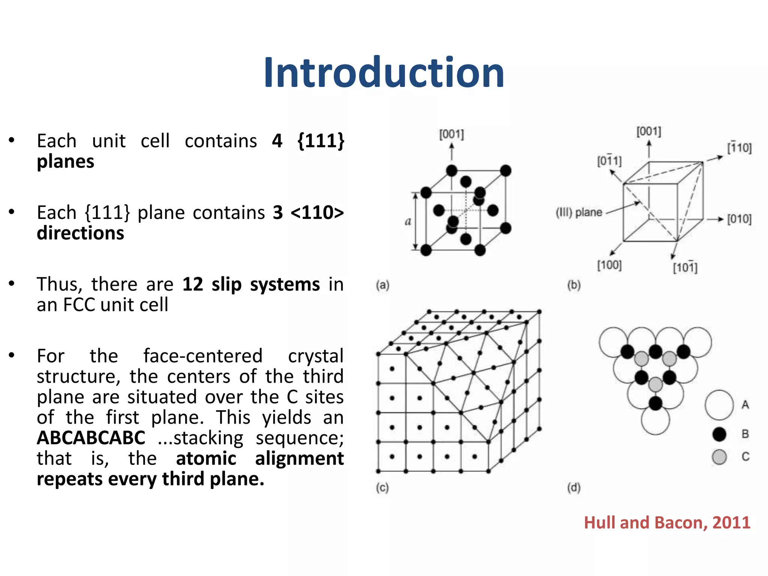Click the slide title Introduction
pos(384,73)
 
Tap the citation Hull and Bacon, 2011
pos(667,522)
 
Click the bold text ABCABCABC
pos(91,438)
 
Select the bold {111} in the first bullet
pos(321,141)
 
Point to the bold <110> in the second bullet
pos(317,213)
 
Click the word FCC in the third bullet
pos(79,304)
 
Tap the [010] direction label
pos(739,219)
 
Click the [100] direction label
pos(609,265)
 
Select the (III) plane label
pos(579,213)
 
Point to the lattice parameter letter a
pos(408,222)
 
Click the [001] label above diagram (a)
pos(451,134)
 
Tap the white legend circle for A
pos(719,405)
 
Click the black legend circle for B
pos(719,434)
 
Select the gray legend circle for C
pos(719,457)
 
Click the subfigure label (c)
pos(382,487)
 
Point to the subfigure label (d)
pos(574,487)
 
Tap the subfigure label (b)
pos(574,285)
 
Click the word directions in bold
pos(80,233)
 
